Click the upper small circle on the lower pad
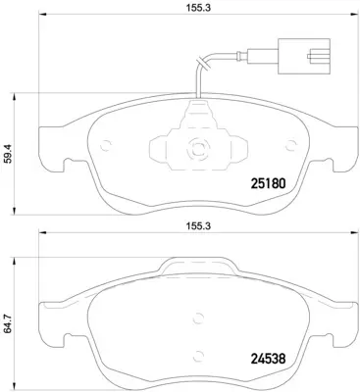[x=196, y=317]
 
